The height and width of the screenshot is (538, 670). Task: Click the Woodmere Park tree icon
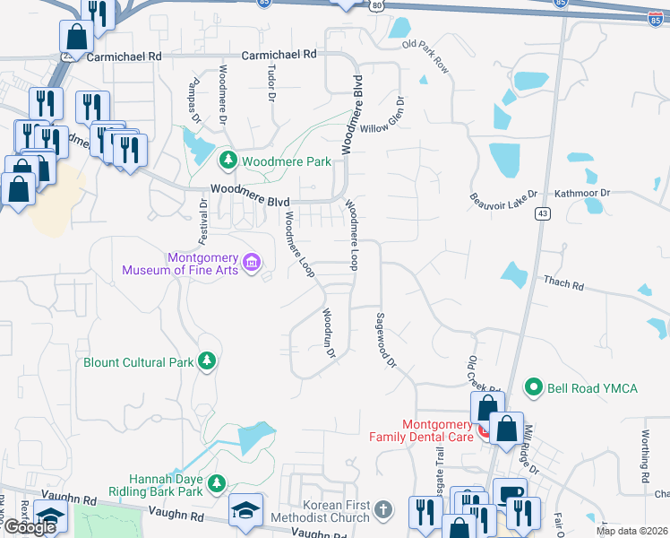tap(228, 161)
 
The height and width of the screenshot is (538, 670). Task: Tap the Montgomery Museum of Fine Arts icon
tap(253, 263)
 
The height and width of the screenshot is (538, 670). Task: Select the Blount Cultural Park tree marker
tap(208, 361)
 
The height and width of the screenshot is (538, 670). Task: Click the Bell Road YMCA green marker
tap(535, 387)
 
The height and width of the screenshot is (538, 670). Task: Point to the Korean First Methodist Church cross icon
tap(382, 510)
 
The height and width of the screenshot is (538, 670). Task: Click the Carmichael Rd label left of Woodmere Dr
tap(125, 56)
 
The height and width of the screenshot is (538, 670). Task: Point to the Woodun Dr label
tap(329, 334)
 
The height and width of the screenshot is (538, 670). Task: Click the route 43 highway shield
tap(543, 213)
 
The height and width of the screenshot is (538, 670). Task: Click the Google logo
tap(29, 527)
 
